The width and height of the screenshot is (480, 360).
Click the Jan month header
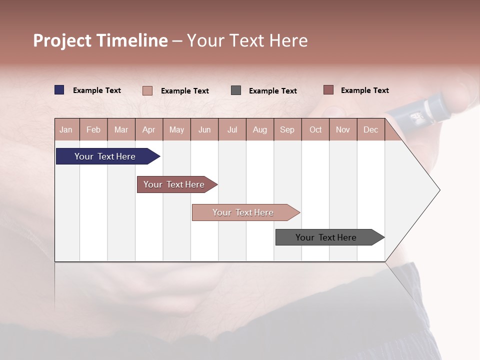pos(66,129)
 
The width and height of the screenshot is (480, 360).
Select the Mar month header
pos(121,129)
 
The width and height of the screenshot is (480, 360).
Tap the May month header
pos(176,129)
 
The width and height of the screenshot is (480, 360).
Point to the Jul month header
pos(232,129)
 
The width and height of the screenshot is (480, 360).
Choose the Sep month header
pos(287,129)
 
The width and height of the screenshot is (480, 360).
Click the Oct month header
pos(315,129)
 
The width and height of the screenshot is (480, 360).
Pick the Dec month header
pos(370,129)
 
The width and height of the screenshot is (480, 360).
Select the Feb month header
pos(93,129)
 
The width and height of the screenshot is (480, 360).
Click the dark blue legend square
pos(59,90)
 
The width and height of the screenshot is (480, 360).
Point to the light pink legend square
pos(147,90)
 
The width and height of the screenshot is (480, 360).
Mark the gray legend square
pos(236,90)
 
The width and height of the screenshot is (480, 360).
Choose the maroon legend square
pos(328,90)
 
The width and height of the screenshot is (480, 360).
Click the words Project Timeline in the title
pos(100,40)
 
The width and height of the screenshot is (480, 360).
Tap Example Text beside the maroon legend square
pos(364,90)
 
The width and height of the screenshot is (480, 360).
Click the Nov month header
pos(343,129)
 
